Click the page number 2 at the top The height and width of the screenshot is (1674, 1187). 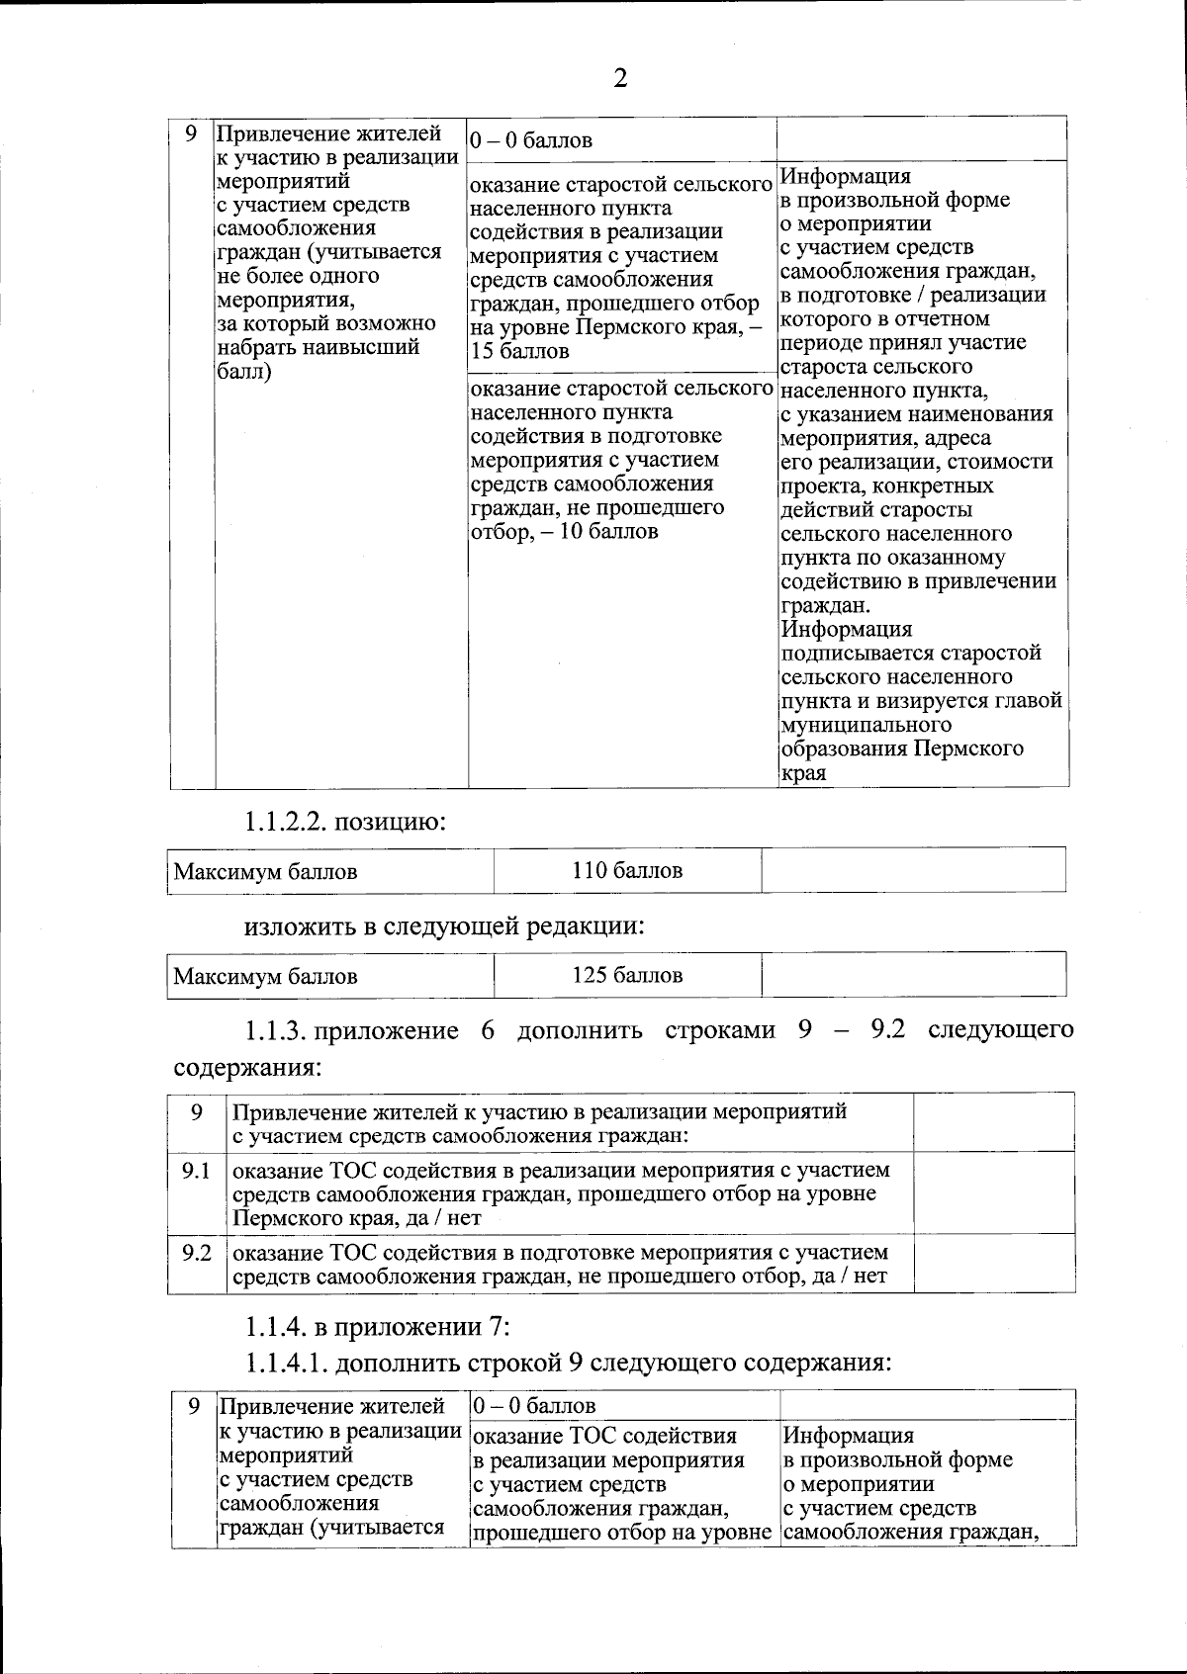(620, 78)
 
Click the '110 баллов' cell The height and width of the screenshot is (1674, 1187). (627, 871)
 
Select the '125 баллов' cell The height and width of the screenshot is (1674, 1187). (627, 976)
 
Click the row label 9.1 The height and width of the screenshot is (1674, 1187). (197, 1172)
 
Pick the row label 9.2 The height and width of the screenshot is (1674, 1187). (197, 1254)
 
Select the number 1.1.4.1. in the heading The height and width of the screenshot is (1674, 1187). (287, 1364)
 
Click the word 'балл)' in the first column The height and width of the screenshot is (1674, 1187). (243, 372)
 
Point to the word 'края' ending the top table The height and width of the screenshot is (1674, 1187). (803, 773)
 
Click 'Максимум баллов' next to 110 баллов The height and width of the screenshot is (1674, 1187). (266, 872)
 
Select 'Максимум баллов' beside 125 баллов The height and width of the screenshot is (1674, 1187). (266, 977)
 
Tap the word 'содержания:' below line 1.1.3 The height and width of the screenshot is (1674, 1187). (247, 1069)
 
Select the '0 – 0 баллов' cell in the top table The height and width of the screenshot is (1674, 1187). (531, 140)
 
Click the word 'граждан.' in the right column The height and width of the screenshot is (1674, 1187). (826, 606)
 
